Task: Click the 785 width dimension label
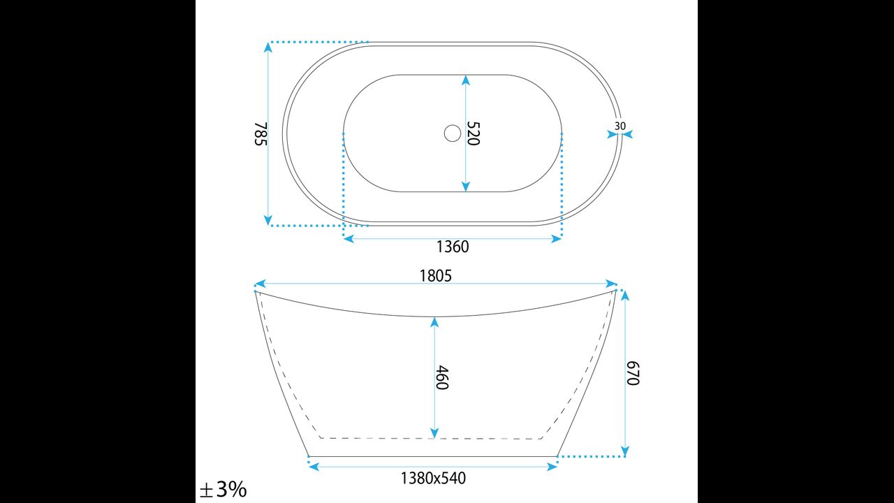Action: click(261, 133)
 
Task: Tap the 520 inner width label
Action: click(474, 133)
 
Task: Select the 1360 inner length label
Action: click(453, 247)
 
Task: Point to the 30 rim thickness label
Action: click(620, 126)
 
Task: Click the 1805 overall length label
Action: click(435, 276)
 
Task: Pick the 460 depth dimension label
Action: click(442, 377)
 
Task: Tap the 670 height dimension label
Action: click(633, 373)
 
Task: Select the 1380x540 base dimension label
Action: click(433, 479)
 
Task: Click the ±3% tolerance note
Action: click(223, 490)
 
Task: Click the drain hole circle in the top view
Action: click(453, 133)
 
